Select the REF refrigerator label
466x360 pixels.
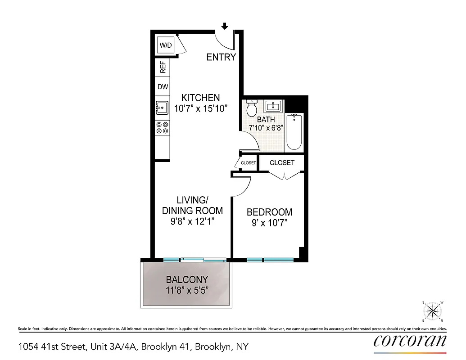coord(163,67)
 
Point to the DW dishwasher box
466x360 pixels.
coord(163,87)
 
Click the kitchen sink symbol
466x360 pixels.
coord(162,108)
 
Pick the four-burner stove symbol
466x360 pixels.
coord(162,128)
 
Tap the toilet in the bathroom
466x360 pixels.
coord(252,108)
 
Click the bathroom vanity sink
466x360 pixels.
coord(273,106)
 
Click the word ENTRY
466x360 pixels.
coord(221,57)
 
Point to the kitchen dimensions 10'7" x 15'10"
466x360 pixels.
coord(201,108)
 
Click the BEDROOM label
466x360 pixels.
coord(269,212)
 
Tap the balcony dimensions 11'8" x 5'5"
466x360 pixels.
coord(186,290)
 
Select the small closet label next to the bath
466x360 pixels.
coord(248,163)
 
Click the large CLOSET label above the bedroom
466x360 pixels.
coord(282,162)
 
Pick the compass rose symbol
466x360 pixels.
coord(433,311)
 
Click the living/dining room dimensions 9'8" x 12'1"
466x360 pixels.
coord(192,221)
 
